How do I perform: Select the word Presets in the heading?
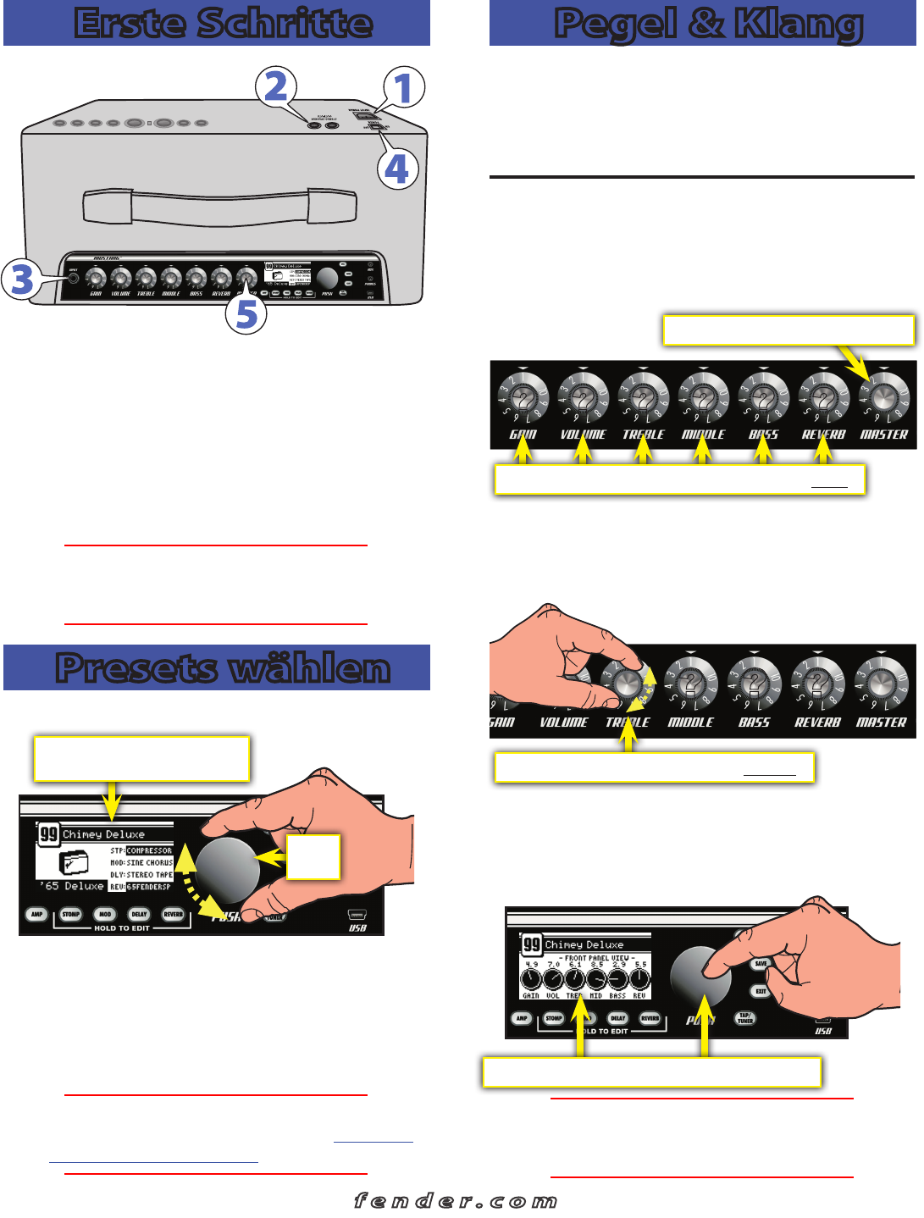131,668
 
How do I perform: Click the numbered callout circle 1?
403,88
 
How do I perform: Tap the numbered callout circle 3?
22,280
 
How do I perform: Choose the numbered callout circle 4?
396,169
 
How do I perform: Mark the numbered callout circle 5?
246,313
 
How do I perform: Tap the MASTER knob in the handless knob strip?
883,397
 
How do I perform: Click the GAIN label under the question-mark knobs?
523,435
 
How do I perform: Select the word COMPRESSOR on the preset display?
149,850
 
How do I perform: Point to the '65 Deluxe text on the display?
72,886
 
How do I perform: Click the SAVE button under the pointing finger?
761,964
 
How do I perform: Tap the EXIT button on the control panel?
761,991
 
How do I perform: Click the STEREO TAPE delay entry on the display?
150,875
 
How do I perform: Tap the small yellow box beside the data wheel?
313,857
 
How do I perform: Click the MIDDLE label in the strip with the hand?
690,722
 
